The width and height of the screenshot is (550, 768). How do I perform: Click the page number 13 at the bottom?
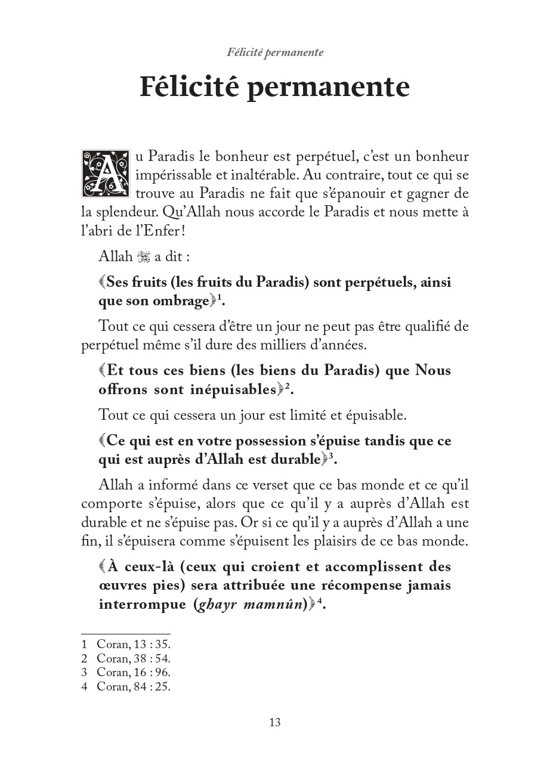tap(274, 723)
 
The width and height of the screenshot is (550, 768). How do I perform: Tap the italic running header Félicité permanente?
tap(275, 52)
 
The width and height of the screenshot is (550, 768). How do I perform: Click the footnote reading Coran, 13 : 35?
tap(134, 645)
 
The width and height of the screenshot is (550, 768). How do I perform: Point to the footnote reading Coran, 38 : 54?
tap(134, 658)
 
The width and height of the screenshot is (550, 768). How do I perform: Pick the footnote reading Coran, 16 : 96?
tap(134, 672)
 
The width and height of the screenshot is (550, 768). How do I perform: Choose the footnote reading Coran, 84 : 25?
tap(134, 686)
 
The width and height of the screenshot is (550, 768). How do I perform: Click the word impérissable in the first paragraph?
tap(172, 176)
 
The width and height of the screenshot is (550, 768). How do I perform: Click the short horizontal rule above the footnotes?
tap(126, 634)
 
